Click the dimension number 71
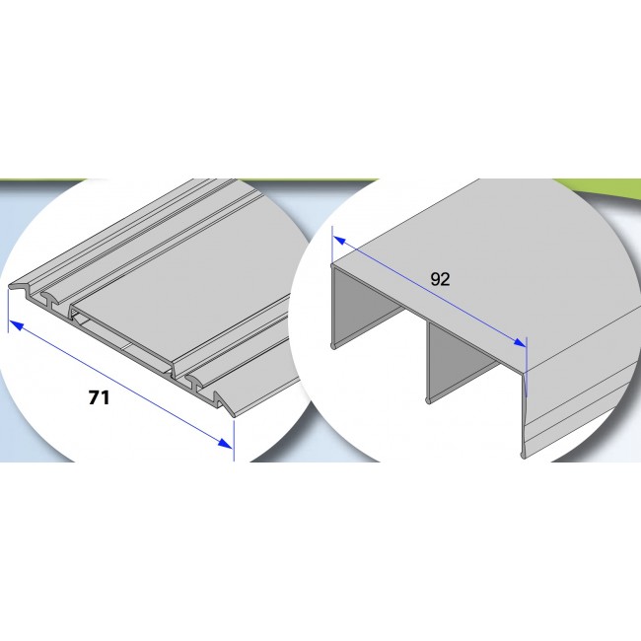click(x=99, y=397)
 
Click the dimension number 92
click(x=440, y=279)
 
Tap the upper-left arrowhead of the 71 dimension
click(x=16, y=325)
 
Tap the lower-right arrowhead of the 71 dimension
click(x=226, y=443)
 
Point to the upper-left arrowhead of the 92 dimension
click(x=339, y=242)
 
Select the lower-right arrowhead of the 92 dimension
click(x=520, y=342)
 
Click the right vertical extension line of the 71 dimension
click(x=234, y=440)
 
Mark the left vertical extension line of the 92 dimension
click(x=332, y=245)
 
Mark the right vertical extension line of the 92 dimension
click(x=527, y=367)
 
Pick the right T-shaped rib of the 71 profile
click(x=196, y=383)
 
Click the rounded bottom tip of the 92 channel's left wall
click(x=333, y=346)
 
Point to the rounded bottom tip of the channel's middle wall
click(x=428, y=400)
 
